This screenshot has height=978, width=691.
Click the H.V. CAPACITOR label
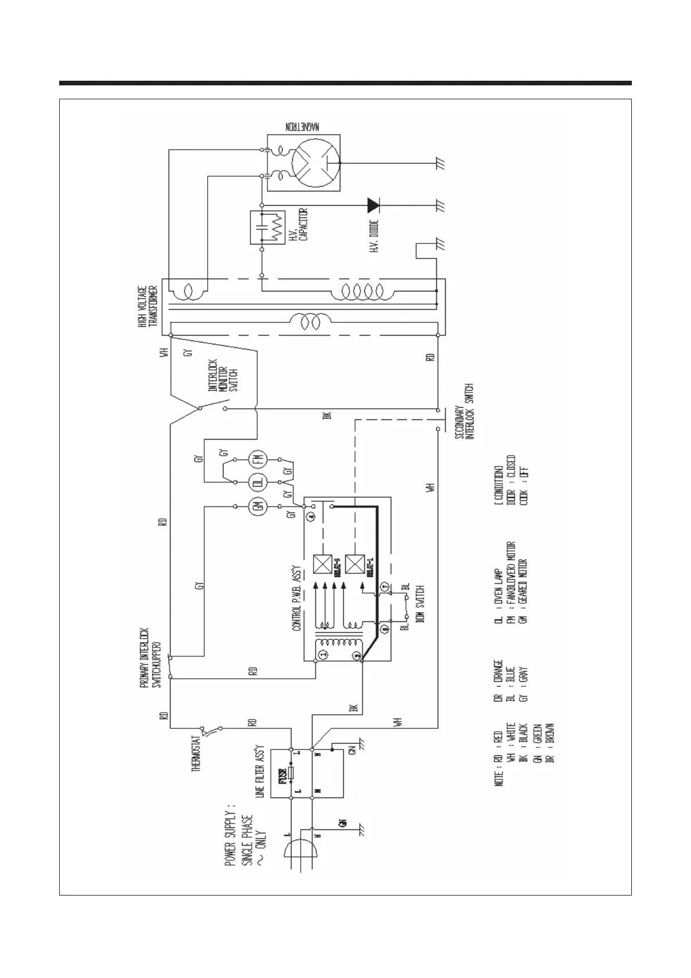point(298,224)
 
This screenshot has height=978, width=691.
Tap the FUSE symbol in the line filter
point(291,773)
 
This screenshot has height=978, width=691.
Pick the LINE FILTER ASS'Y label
point(260,772)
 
